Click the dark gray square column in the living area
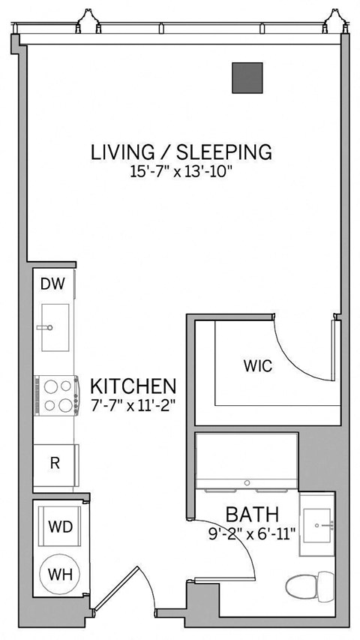(x=247, y=78)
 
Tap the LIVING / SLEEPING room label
(x=181, y=152)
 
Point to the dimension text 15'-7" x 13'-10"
(x=181, y=172)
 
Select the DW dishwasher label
(x=51, y=284)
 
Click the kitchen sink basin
(x=55, y=327)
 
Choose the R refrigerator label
(x=54, y=463)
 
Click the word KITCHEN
(x=133, y=387)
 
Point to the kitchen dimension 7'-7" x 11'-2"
(x=133, y=407)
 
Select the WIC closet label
(x=256, y=367)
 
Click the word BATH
(x=253, y=515)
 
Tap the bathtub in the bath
(x=247, y=459)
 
